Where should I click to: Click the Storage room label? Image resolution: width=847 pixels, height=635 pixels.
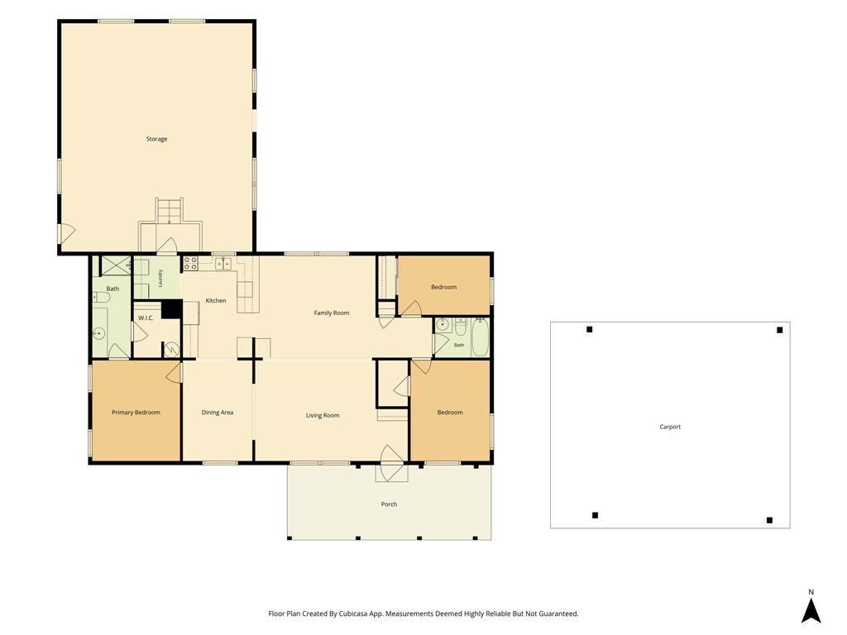[156, 139]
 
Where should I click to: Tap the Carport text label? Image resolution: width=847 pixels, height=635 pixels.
[670, 427]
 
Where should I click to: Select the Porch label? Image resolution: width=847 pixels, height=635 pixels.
[389, 504]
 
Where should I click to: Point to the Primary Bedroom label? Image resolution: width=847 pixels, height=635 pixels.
[136, 413]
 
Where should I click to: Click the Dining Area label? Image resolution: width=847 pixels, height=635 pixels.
[218, 413]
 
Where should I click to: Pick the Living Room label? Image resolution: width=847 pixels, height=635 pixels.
[323, 415]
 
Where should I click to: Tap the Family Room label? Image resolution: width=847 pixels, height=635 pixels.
[332, 313]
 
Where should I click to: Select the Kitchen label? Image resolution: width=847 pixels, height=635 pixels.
[216, 300]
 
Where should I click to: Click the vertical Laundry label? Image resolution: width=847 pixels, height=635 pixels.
[160, 278]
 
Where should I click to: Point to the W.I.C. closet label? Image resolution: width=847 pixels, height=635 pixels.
[146, 318]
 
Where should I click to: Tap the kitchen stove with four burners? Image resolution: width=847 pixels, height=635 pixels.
[190, 263]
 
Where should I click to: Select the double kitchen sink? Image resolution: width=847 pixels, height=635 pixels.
[223, 263]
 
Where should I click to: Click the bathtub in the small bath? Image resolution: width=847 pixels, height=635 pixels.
[480, 337]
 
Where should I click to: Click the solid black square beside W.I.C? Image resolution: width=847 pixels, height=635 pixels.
[172, 309]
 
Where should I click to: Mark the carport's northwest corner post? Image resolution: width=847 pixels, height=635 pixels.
[589, 329]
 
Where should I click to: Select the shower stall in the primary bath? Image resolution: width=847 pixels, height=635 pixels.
[116, 265]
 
